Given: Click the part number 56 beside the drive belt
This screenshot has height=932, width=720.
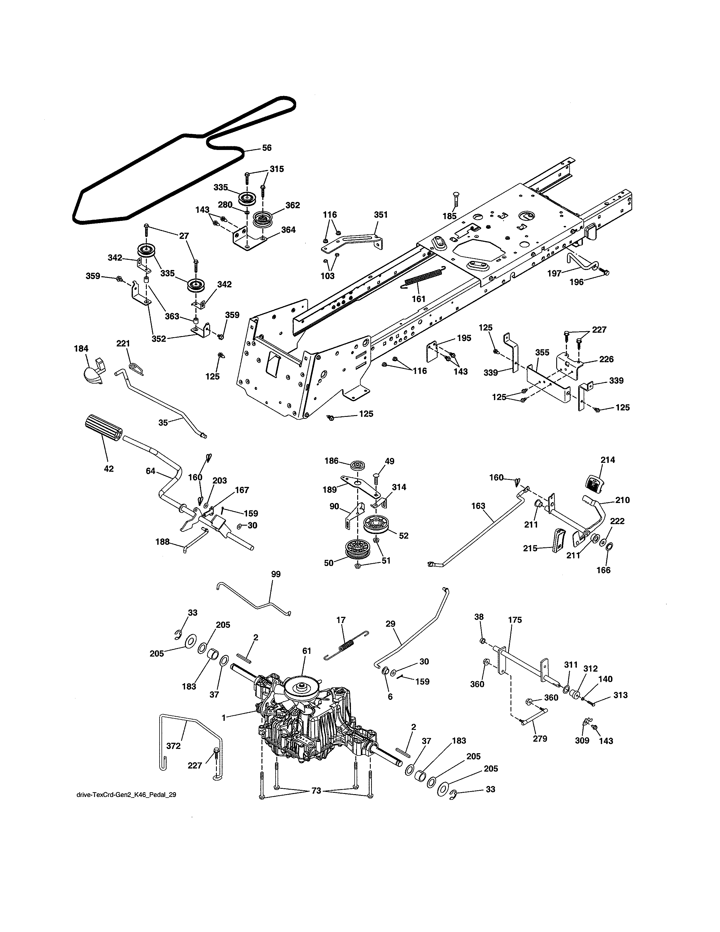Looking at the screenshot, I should point(267,148).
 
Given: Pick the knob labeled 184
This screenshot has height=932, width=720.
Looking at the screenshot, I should point(93,372).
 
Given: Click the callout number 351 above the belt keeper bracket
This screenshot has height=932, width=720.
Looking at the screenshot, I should point(381,215).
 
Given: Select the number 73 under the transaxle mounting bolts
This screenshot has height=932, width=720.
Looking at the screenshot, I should point(316,791).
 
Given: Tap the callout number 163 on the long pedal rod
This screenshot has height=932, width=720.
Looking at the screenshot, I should point(478,506).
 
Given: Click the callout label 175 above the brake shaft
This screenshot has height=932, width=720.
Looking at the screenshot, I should point(515,620).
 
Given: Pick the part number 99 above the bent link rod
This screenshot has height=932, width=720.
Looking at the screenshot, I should point(276,574).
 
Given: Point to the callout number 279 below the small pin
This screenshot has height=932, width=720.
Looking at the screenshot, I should point(540,739).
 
